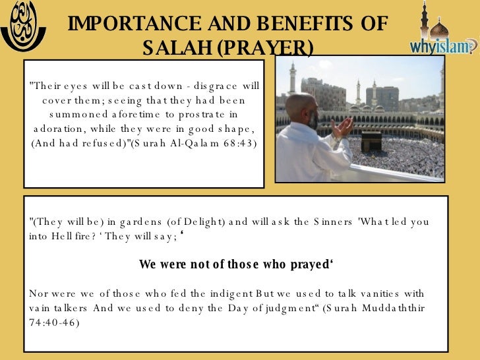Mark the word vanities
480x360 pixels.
click(x=367, y=293)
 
